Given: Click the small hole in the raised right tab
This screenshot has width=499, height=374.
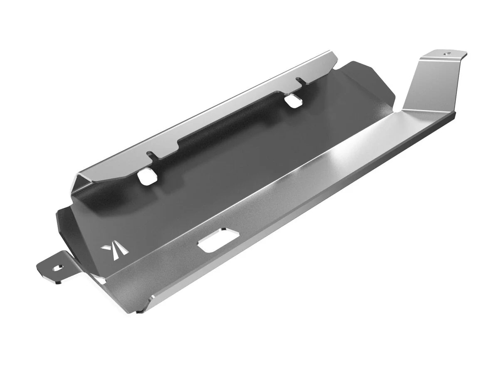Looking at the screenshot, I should tap(447, 53).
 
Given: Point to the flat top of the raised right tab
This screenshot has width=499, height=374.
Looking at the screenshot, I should tap(443, 55).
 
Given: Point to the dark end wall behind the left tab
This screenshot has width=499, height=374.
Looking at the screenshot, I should tap(67, 224).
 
